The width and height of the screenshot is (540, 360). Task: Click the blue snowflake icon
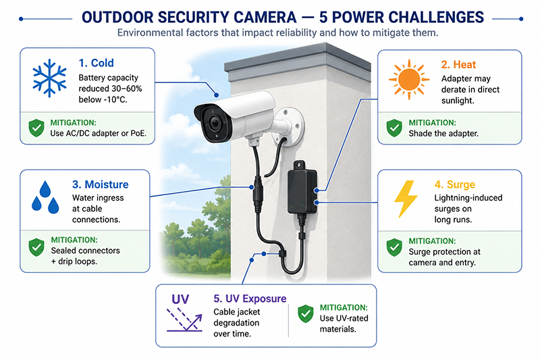pyautogui.click(x=49, y=78)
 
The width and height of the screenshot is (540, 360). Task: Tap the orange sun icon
pyautogui.click(x=409, y=80)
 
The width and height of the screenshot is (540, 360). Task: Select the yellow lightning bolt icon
pyautogui.click(x=406, y=199)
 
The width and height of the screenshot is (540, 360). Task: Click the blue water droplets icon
pyautogui.click(x=45, y=197)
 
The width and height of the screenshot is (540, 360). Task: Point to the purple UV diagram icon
pyautogui.click(x=184, y=313)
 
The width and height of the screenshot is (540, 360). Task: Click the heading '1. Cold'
pyautogui.click(x=96, y=63)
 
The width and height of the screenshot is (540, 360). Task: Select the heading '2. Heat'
pyautogui.click(x=458, y=64)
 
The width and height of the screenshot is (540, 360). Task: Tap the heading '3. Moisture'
pyautogui.click(x=100, y=184)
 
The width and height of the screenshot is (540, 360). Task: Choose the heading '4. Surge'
pyautogui.click(x=454, y=184)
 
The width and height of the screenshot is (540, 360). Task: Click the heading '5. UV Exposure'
pyautogui.click(x=250, y=299)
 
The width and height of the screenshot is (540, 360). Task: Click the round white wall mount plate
pyautogui.click(x=288, y=126)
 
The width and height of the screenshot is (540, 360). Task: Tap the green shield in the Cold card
pyautogui.click(x=36, y=128)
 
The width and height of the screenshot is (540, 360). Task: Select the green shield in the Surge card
pyautogui.click(x=394, y=247)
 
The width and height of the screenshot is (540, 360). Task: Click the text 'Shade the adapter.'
pyautogui.click(x=443, y=133)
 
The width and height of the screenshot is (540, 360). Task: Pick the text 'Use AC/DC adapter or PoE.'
pyautogui.click(x=99, y=133)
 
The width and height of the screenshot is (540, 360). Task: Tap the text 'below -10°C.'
pyautogui.click(x=103, y=99)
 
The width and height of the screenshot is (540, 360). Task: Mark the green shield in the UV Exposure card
pyautogui.click(x=306, y=314)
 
